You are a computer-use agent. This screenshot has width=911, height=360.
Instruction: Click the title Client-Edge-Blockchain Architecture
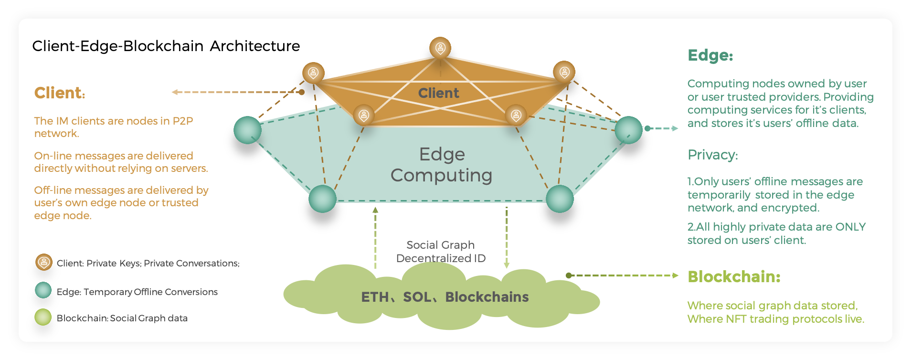click(x=166, y=46)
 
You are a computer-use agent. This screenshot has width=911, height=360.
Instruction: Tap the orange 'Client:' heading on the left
click(x=59, y=93)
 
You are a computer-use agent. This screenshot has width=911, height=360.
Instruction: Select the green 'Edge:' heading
click(x=710, y=55)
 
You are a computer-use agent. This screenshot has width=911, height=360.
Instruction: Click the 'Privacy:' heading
click(x=712, y=155)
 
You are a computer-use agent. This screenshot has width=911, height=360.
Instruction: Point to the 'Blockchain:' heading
click(x=733, y=276)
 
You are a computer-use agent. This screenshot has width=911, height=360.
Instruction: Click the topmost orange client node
click(x=440, y=48)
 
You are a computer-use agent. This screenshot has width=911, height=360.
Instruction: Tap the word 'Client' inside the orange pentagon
click(x=438, y=93)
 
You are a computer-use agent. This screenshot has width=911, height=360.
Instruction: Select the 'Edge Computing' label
click(x=442, y=165)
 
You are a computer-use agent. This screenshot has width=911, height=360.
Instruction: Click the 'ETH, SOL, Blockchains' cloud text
click(x=445, y=297)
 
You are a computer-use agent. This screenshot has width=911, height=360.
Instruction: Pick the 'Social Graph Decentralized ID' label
click(x=441, y=252)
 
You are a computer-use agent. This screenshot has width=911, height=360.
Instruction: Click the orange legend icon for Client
click(x=44, y=262)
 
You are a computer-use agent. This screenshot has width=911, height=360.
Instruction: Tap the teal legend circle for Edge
click(x=43, y=290)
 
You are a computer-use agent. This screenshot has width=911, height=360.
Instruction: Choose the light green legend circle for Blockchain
click(x=43, y=317)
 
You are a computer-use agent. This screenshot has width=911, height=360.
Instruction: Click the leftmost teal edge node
click(x=247, y=130)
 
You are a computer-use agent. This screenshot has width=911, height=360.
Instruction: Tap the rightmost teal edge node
click(x=628, y=130)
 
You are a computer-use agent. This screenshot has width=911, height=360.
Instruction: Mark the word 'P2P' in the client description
click(x=183, y=121)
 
